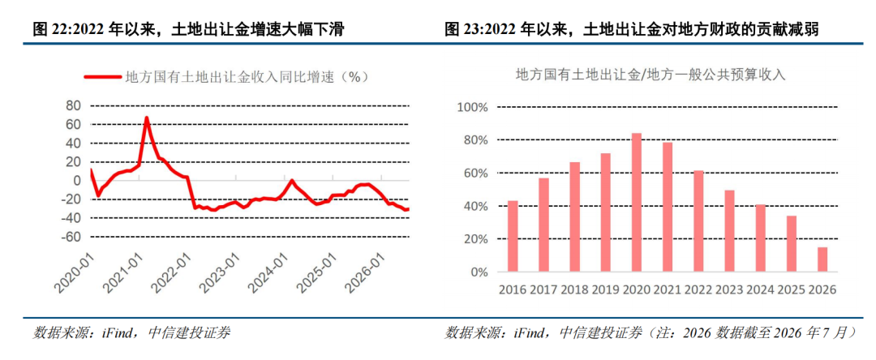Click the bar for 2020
click(637, 203)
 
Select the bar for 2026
click(822, 259)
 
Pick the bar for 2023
click(730, 231)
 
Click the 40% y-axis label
click(478, 207)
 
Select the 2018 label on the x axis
click(574, 289)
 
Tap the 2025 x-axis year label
click(791, 289)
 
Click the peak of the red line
click(146, 118)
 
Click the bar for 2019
click(606, 212)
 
